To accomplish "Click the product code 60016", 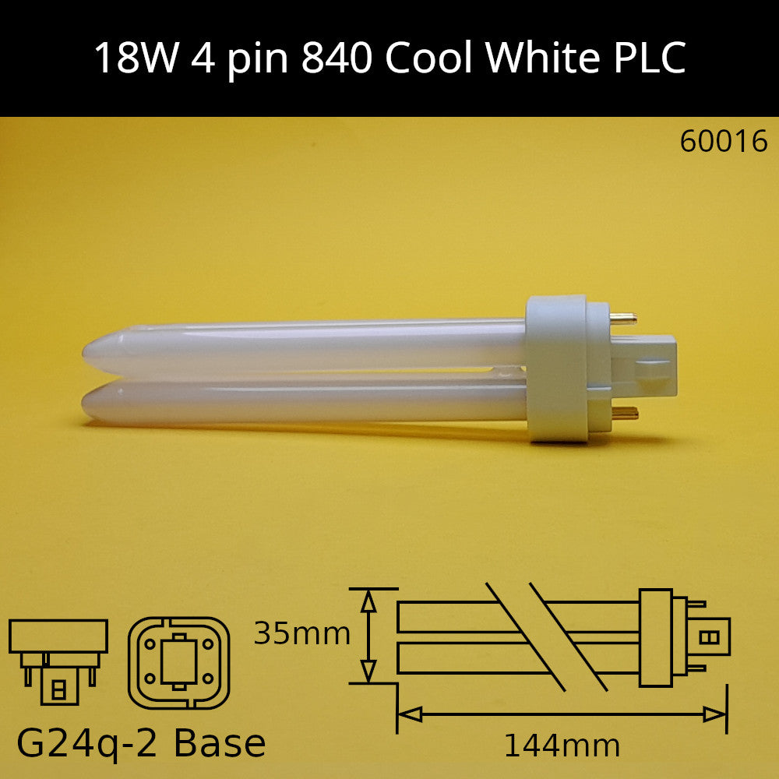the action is click(x=724, y=142).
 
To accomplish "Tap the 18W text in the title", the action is click(x=136, y=58).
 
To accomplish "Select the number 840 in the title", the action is click(x=337, y=58).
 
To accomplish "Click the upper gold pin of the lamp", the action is click(x=623, y=319).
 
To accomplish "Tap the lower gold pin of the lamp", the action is click(x=625, y=413).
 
